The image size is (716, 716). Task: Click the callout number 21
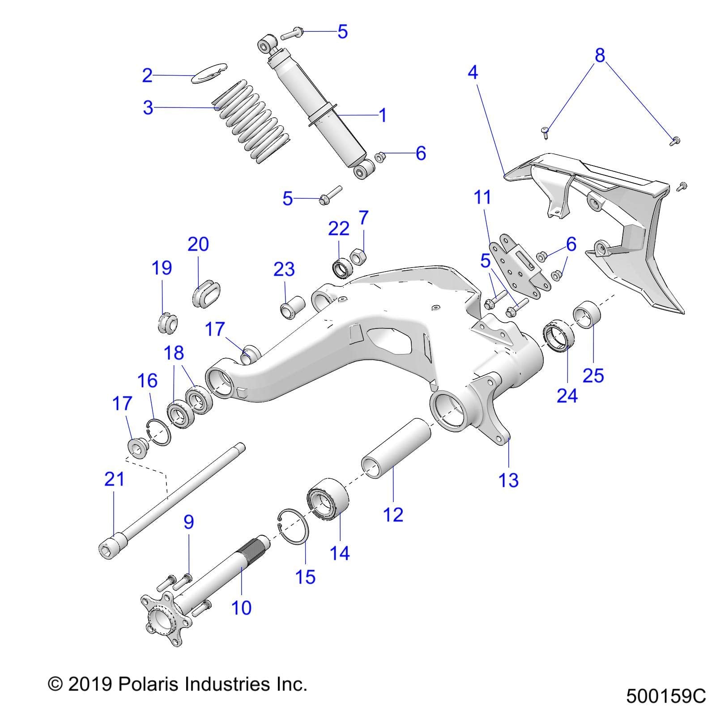[x=114, y=479]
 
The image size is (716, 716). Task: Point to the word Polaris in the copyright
[x=148, y=684]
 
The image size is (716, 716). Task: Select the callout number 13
[x=508, y=480]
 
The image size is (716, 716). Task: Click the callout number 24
[x=567, y=395]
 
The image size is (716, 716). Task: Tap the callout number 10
[x=241, y=607]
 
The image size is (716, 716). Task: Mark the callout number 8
[x=600, y=55]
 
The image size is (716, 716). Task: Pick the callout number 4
[x=473, y=72]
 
